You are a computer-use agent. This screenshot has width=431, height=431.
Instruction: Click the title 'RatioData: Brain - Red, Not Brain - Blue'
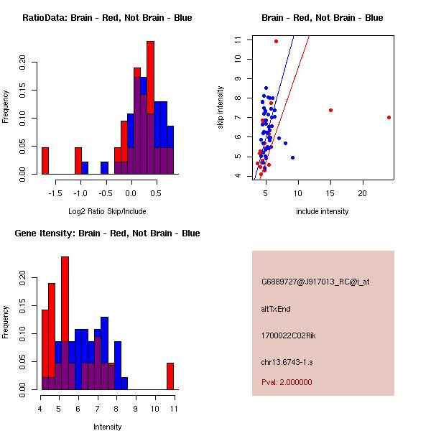tap(107, 17)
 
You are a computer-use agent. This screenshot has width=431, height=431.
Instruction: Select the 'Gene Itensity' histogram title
tap(107, 233)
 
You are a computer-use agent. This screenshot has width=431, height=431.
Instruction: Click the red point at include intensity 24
tap(389, 117)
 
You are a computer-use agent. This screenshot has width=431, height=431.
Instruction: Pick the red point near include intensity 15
tap(330, 110)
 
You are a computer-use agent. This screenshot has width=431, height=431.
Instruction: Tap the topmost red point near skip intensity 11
tap(276, 41)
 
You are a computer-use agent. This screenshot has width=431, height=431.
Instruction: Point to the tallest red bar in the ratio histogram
tap(150, 108)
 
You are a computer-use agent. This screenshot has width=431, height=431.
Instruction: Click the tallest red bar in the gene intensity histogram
tap(65, 323)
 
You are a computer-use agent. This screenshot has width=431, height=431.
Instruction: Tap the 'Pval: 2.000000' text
tap(287, 382)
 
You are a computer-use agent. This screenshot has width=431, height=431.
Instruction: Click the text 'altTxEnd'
tap(276, 309)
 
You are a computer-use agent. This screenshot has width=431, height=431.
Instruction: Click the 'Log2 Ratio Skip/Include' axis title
tap(107, 211)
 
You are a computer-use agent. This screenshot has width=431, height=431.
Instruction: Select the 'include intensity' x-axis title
tap(323, 211)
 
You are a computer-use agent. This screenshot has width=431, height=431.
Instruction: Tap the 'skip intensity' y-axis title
tap(221, 108)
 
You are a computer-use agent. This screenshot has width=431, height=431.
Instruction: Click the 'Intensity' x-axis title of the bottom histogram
tap(107, 427)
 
